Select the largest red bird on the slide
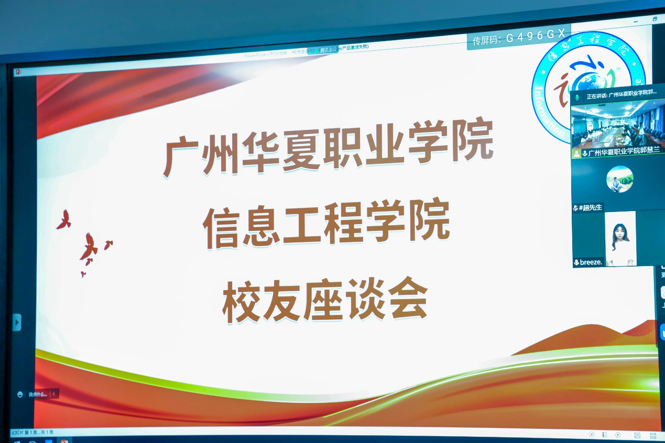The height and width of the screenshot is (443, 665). [89, 247]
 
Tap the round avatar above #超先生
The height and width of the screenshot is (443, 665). [620, 179]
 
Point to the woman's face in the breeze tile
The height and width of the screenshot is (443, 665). [620, 234]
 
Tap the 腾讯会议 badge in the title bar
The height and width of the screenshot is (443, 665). [330, 50]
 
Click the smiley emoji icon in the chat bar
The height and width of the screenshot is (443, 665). [20, 394]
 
